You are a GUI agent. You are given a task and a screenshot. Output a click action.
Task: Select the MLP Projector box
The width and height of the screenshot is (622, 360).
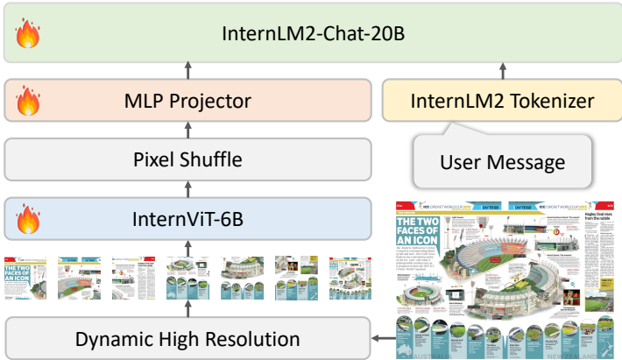pyautogui.click(x=186, y=101)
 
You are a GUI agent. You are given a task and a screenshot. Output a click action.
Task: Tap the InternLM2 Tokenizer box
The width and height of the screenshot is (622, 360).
pyautogui.click(x=502, y=101)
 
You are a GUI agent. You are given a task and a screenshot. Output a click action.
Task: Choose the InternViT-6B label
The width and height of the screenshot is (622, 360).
pyautogui.click(x=186, y=216)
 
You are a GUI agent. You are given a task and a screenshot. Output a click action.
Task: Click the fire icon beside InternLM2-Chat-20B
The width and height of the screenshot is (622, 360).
pyautogui.click(x=26, y=36)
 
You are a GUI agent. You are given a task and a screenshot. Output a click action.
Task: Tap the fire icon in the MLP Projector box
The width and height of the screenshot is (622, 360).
pyautogui.click(x=26, y=99)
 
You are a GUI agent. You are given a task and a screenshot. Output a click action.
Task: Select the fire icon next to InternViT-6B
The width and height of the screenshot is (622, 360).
pyautogui.click(x=26, y=215)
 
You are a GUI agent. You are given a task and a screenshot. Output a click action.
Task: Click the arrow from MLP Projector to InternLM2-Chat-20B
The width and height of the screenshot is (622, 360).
pyautogui.click(x=186, y=70)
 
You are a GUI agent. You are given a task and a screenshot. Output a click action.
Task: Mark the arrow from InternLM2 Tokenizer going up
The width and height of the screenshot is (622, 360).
pyautogui.click(x=502, y=70)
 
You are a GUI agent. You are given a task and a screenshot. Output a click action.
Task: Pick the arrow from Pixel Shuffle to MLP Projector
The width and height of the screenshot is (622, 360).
pyautogui.click(x=186, y=130)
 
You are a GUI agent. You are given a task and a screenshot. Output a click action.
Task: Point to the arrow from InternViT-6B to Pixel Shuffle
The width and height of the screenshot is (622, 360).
pyautogui.click(x=186, y=187)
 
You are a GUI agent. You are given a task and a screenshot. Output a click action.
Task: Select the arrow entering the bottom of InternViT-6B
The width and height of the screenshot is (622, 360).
pyautogui.click(x=186, y=245)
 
